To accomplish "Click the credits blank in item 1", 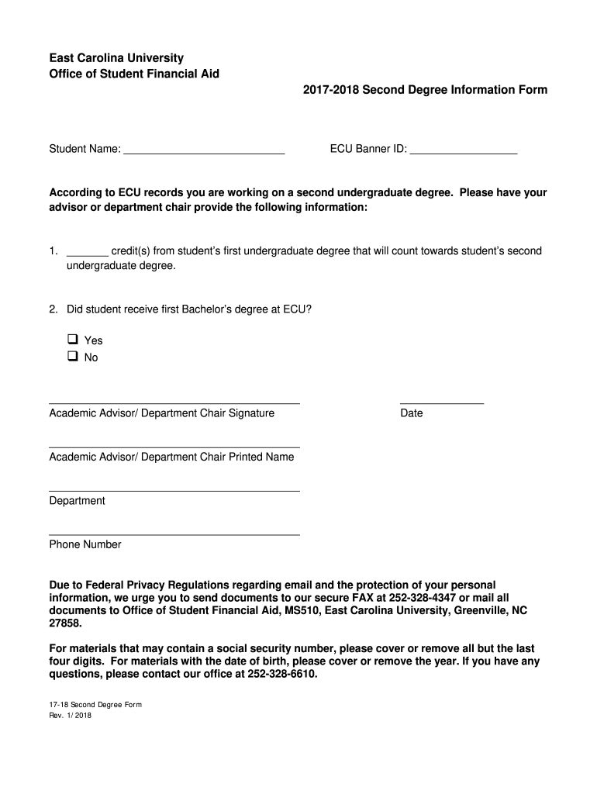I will [87, 254].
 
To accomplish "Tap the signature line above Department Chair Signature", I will [174, 403].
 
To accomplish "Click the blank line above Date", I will [441, 403].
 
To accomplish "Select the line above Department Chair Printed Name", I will [174, 447].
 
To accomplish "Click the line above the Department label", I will [174, 490].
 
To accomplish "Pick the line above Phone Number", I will [174, 534].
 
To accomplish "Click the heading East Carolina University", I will [116, 58].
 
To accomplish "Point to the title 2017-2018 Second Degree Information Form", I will [425, 90].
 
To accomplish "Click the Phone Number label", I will [85, 544].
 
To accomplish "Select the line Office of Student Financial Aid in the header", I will [134, 74].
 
